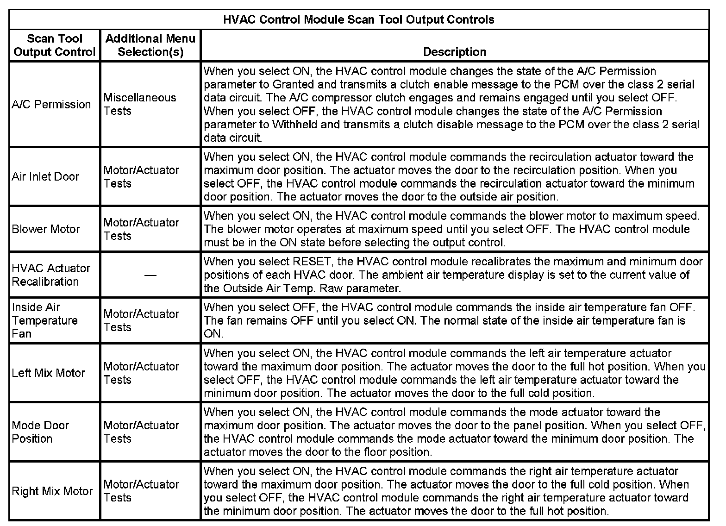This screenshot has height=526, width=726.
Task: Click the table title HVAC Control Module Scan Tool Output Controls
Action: (359, 20)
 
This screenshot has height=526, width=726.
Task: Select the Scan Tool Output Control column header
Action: (55, 45)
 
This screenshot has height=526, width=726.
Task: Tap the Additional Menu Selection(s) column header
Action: (150, 45)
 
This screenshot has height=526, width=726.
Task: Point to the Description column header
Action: (455, 52)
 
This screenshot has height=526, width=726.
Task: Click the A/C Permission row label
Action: (51, 104)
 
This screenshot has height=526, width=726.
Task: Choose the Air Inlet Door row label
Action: (45, 176)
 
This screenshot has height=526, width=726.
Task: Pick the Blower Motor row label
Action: (46, 229)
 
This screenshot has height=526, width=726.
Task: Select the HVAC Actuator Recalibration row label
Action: (51, 275)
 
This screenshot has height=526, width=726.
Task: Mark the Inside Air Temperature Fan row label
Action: (44, 320)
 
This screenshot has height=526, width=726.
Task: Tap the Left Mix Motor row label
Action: (49, 373)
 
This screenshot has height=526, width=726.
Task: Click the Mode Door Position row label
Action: (40, 432)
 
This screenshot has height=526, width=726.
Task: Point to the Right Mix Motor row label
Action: (52, 491)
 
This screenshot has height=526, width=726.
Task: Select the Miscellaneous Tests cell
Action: (140, 104)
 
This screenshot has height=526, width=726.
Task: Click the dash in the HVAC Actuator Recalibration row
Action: (150, 275)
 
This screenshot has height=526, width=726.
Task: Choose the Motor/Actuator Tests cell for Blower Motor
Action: (141, 229)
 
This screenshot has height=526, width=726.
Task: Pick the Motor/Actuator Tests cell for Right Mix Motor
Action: (141, 491)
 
